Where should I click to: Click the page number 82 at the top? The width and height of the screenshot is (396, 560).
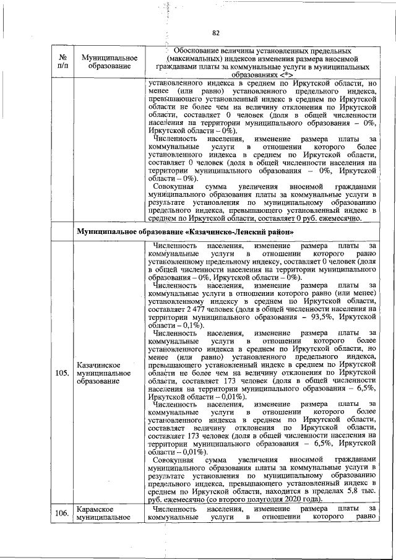pyautogui.click(x=216, y=33)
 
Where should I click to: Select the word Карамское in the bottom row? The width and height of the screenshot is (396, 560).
pyautogui.click(x=94, y=509)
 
